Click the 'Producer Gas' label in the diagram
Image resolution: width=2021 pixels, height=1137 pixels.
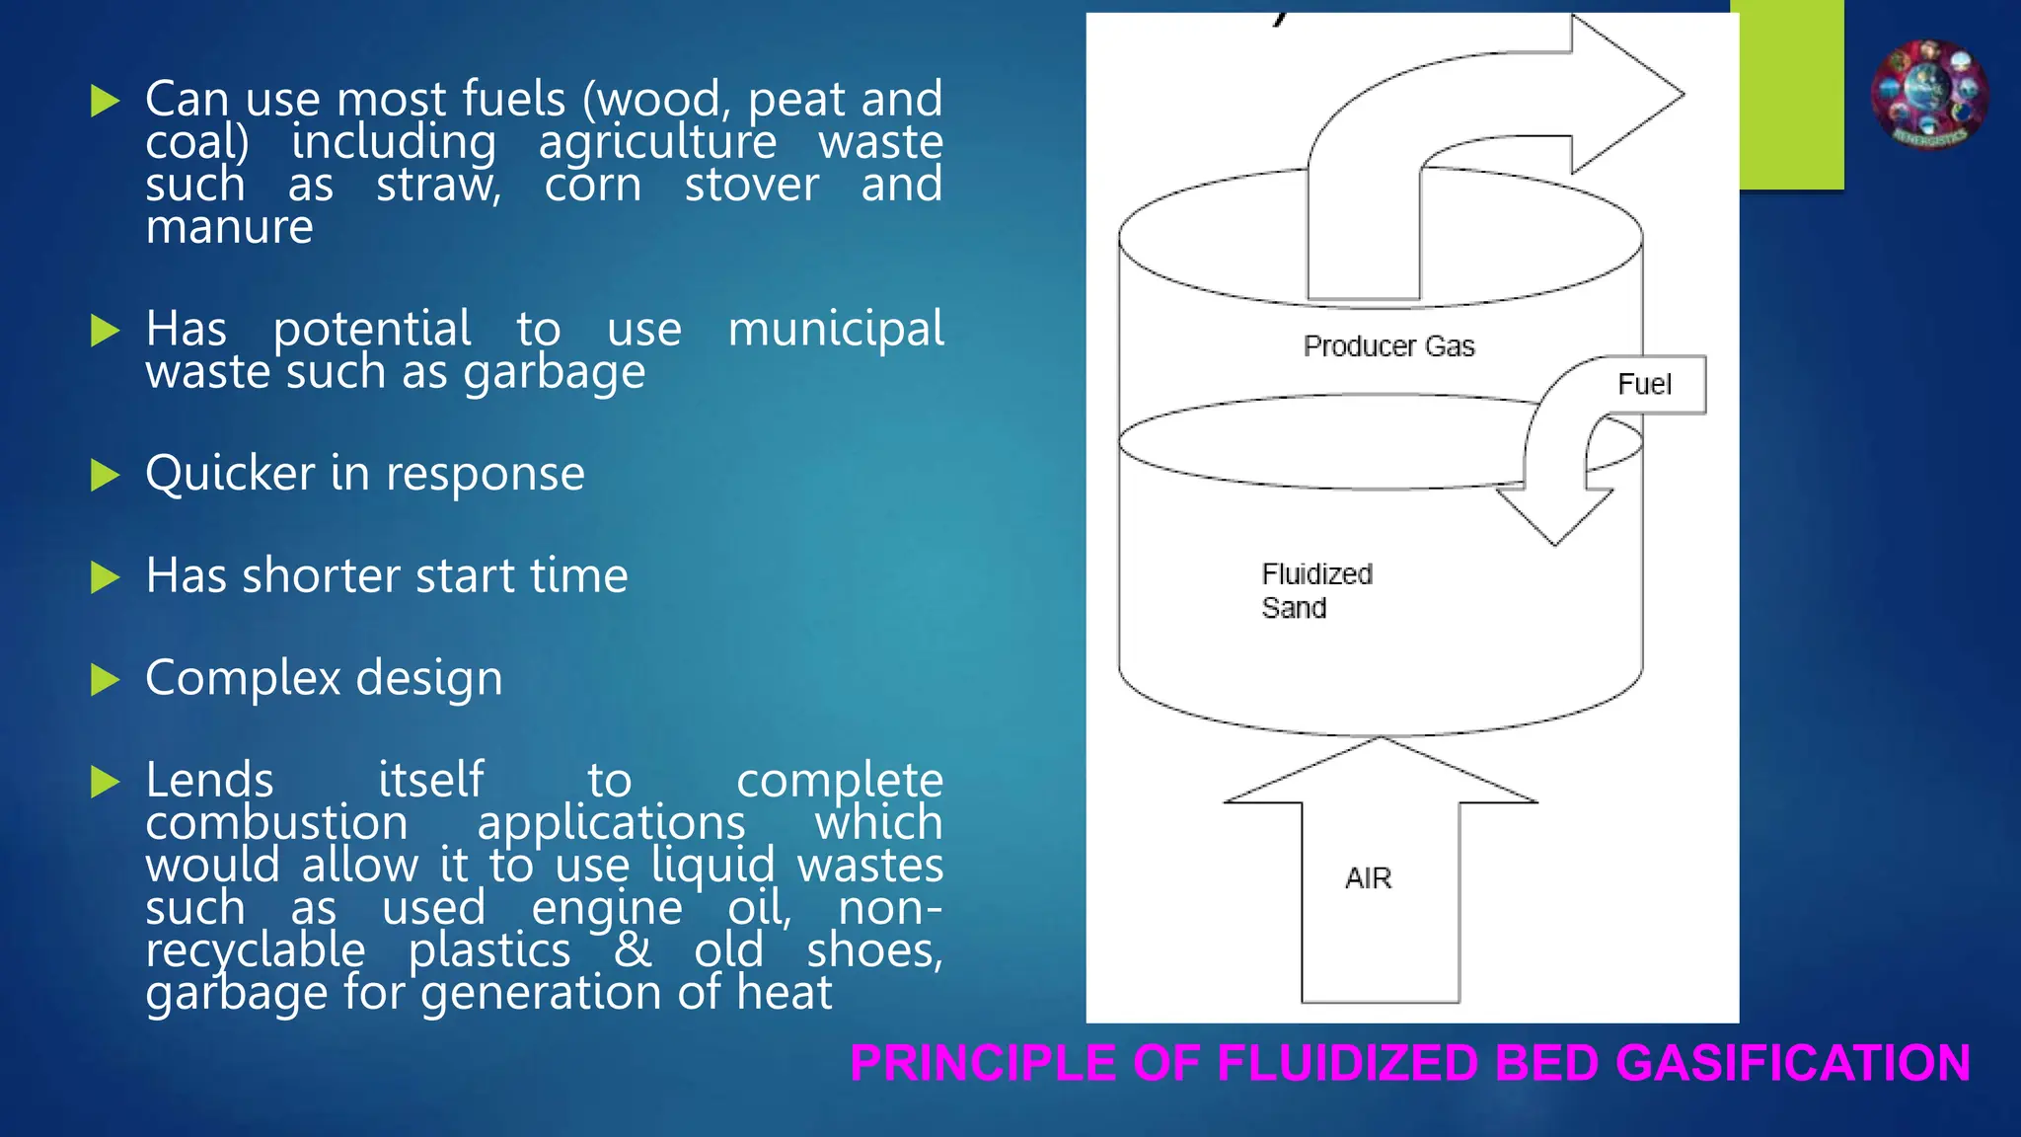pos(1388,346)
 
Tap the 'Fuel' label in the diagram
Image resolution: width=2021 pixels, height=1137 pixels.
pos(1644,384)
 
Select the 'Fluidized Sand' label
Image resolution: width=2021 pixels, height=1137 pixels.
pos(1316,590)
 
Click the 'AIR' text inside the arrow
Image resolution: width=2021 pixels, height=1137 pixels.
pos(1368,878)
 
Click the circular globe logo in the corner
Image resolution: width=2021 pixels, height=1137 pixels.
pos(1929,95)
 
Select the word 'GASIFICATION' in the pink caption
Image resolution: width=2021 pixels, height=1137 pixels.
pos(1793,1064)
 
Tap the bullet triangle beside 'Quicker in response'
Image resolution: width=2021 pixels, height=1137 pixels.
pos(105,475)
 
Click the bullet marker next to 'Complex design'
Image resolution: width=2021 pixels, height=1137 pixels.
pos(105,679)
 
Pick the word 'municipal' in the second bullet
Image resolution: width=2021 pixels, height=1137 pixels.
pos(836,330)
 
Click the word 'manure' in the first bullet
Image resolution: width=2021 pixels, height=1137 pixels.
pos(229,228)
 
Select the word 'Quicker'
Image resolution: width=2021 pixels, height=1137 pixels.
pos(230,474)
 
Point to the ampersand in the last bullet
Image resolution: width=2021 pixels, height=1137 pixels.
pos(633,949)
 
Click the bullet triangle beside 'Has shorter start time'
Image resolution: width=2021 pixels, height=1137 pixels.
pos(105,577)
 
